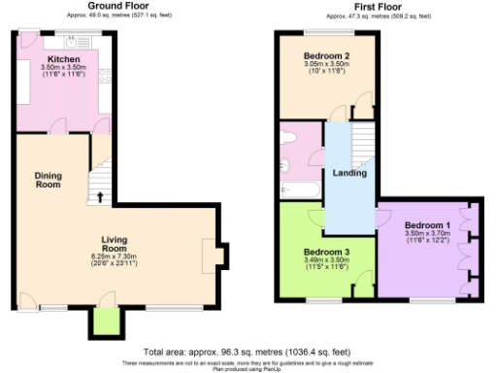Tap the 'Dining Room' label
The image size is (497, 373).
(x=49, y=180)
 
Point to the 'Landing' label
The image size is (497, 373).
(x=349, y=173)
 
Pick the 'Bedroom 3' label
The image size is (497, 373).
(x=326, y=252)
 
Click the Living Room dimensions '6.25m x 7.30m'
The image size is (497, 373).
(x=116, y=257)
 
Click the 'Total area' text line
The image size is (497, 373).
(x=248, y=351)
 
